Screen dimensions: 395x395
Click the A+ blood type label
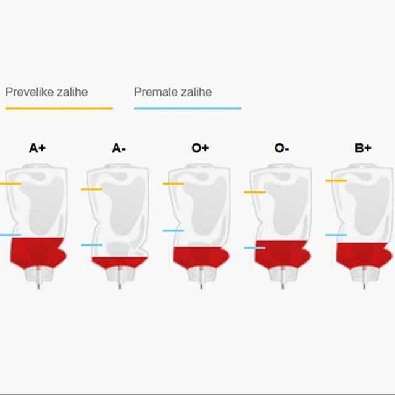(x=37, y=148)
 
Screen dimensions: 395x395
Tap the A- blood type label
(x=119, y=148)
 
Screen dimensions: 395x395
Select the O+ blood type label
(x=200, y=148)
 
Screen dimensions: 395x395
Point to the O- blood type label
(x=281, y=148)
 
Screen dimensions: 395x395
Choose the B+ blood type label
(x=363, y=148)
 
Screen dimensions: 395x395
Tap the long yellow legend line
(x=59, y=109)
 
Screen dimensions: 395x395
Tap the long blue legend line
(x=188, y=109)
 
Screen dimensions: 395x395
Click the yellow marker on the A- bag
(x=92, y=189)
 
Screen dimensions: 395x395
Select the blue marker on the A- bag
(x=92, y=245)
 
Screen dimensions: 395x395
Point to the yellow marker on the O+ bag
(x=173, y=183)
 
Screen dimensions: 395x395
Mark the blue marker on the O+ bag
(x=173, y=230)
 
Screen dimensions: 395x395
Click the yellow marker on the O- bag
(x=255, y=192)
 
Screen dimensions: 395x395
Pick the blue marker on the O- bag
(x=255, y=248)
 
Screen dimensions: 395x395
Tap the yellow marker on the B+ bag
(x=336, y=181)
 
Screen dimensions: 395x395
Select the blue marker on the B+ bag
(x=336, y=235)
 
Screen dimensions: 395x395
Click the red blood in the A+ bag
(x=38, y=252)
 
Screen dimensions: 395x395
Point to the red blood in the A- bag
(x=119, y=262)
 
